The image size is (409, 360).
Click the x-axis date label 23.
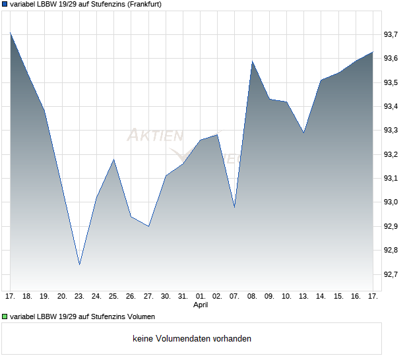(x=79, y=296)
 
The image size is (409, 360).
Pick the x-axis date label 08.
(x=252, y=296)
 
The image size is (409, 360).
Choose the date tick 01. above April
(x=201, y=296)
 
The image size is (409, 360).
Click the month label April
(x=201, y=305)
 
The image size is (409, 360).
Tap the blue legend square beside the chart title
(x=5, y=4)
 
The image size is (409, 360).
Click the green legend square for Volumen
(x=5, y=316)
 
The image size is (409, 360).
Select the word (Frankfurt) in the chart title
(x=139, y=4)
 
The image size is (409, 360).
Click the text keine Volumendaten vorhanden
(x=192, y=339)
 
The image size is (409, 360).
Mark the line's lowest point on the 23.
(x=79, y=264)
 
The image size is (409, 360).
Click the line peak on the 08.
(x=252, y=61)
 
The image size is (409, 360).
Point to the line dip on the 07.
(x=235, y=207)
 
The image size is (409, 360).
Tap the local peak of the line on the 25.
(x=114, y=160)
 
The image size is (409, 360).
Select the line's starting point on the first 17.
(x=11, y=32)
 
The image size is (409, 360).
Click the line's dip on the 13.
(x=303, y=133)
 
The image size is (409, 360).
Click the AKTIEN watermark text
(x=155, y=136)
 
